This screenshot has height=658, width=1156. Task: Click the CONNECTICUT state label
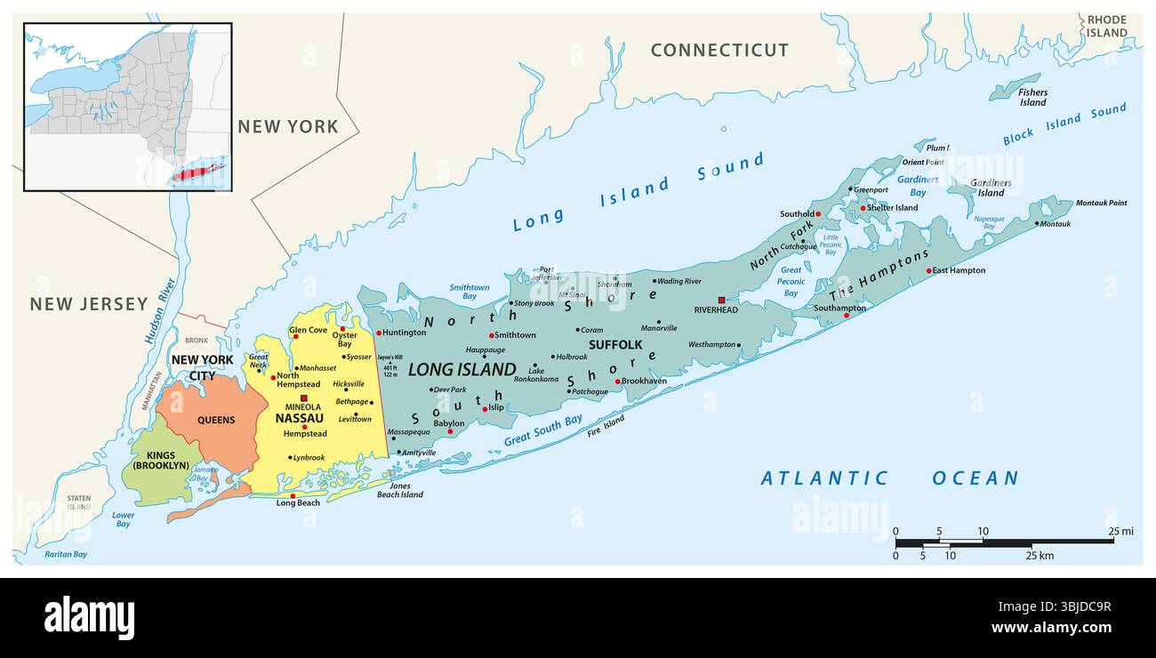(x=719, y=51)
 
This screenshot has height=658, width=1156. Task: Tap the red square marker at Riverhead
(x=721, y=301)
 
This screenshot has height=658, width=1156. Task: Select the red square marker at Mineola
(x=303, y=397)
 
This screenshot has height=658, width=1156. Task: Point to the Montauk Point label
(x=1101, y=203)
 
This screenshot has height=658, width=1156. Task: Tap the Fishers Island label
(x=1032, y=97)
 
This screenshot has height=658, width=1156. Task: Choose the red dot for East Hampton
(x=928, y=270)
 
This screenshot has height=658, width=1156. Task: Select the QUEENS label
(x=216, y=420)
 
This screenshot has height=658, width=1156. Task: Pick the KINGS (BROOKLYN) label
(x=160, y=460)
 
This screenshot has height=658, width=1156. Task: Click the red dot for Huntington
(x=379, y=333)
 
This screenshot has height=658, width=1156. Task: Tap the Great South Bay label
(x=542, y=430)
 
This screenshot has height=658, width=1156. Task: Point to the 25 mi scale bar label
(x=1120, y=532)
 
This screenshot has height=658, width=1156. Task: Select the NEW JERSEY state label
(x=89, y=304)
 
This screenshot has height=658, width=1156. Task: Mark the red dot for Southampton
(x=846, y=315)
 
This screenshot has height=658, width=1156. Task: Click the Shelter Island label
(x=893, y=208)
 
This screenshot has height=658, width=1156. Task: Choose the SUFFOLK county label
(x=615, y=344)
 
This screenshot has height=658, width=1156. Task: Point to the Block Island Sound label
(x=1064, y=124)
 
